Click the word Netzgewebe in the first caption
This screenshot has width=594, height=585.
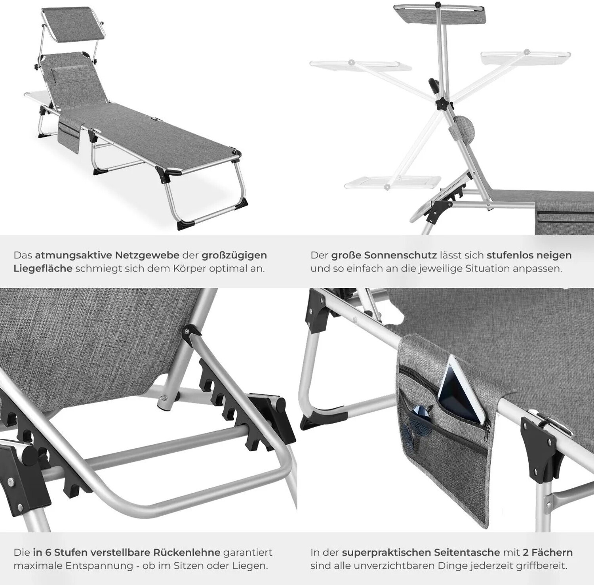155,255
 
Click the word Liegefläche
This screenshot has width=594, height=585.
43,268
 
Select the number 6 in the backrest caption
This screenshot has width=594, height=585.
49,552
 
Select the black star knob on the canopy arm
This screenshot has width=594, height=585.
440,105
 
